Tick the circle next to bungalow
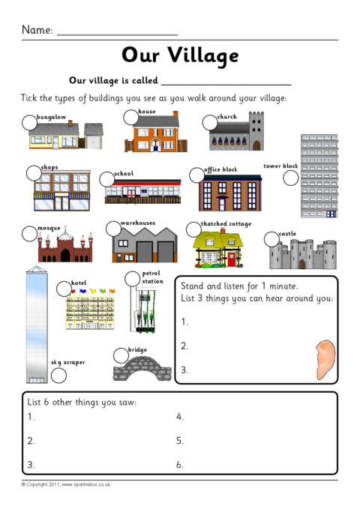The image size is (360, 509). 29,123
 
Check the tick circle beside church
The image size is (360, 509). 210,122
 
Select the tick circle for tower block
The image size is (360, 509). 291,178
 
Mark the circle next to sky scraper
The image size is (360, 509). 58,376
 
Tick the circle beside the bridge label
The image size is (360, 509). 121,355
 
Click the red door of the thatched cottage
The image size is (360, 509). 232,259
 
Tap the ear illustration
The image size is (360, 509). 325,360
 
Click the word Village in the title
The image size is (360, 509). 203,55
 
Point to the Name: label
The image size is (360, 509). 37,30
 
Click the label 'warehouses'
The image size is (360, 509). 138,223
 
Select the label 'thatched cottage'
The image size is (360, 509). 226,224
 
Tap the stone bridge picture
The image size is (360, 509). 142,369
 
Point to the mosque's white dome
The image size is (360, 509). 65,235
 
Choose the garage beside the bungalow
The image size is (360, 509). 94,136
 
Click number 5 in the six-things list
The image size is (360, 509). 180,441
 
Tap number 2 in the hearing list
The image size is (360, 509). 184,346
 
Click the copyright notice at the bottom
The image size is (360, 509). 66,484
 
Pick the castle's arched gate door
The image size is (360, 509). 302,264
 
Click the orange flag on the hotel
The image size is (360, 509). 112,291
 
